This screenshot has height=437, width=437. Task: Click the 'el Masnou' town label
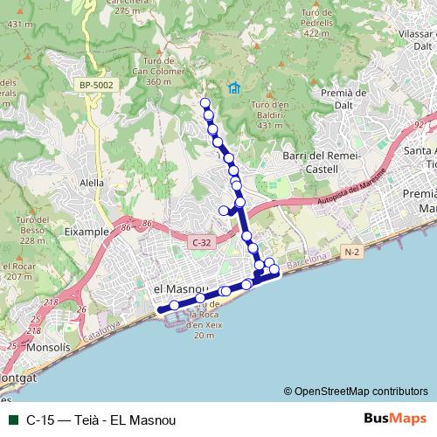[179, 288]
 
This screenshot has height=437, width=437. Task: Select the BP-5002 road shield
[96, 84]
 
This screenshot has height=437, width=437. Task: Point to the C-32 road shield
[201, 241]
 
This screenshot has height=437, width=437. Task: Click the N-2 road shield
[351, 253]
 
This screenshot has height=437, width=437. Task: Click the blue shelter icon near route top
[233, 87]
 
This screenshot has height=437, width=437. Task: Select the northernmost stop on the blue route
[206, 103]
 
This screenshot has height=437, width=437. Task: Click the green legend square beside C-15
[11, 419]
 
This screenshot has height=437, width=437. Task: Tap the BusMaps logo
[395, 419]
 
